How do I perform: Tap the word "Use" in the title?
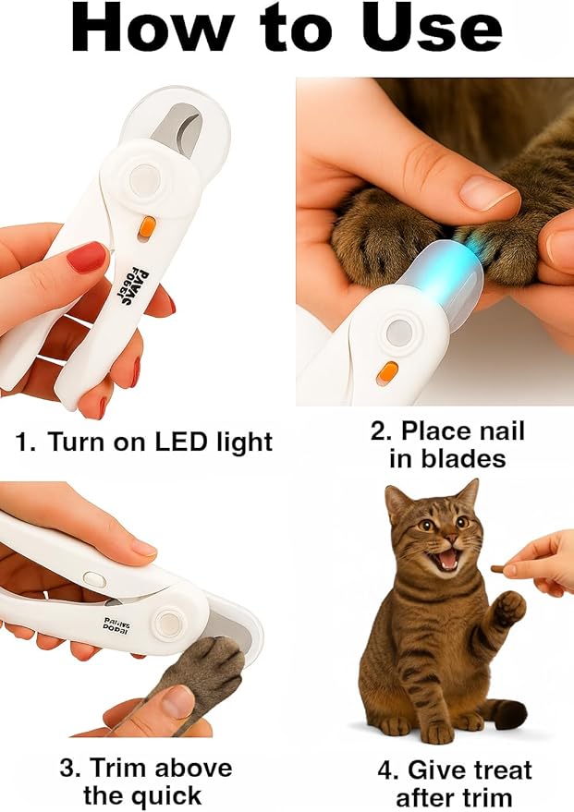431,30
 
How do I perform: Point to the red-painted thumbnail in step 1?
87,257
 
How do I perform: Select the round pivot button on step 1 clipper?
145,180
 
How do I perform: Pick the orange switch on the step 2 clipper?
386,372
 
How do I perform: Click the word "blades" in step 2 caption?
447,459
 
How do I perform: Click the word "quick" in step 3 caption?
158,795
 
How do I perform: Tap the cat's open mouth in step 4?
448,557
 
